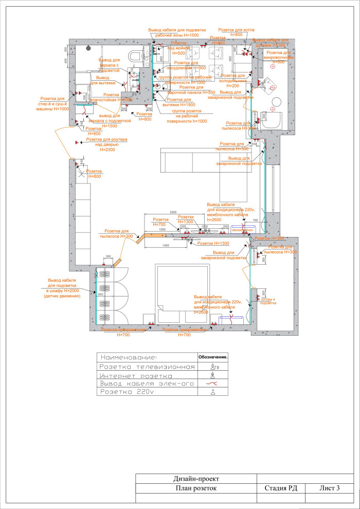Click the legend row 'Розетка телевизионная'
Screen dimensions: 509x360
pyautogui.click(x=147, y=367)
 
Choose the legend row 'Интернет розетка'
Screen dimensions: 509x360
pyautogui.click(x=147, y=376)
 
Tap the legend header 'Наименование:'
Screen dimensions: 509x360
pyautogui.click(x=147, y=357)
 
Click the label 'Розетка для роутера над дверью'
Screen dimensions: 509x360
pyautogui.click(x=106, y=144)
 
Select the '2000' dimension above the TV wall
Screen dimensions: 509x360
pyautogui.click(x=173, y=212)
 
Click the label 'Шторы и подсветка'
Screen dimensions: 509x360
pyautogui.click(x=268, y=301)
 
